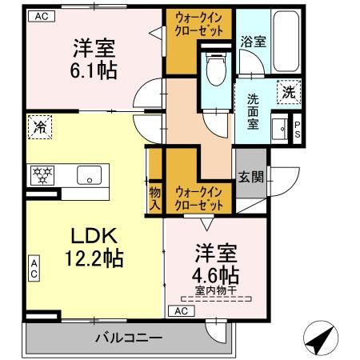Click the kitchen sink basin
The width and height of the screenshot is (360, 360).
[x=87, y=174]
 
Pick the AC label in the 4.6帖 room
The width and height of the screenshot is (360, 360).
[x=181, y=310]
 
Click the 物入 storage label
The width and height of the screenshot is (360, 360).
[x=155, y=198]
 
